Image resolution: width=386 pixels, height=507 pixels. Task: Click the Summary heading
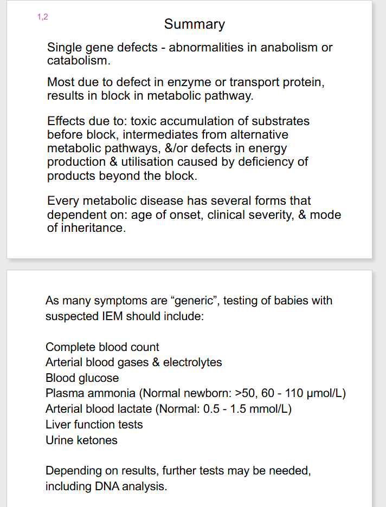[x=194, y=24]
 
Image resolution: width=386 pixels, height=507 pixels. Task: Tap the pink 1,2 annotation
[x=42, y=17]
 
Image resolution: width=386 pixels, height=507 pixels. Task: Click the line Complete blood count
[x=102, y=347]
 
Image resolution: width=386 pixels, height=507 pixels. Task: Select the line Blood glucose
[x=82, y=378]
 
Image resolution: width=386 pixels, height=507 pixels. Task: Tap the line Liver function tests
[x=94, y=425]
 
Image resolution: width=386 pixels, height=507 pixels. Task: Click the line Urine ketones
[x=81, y=440]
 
